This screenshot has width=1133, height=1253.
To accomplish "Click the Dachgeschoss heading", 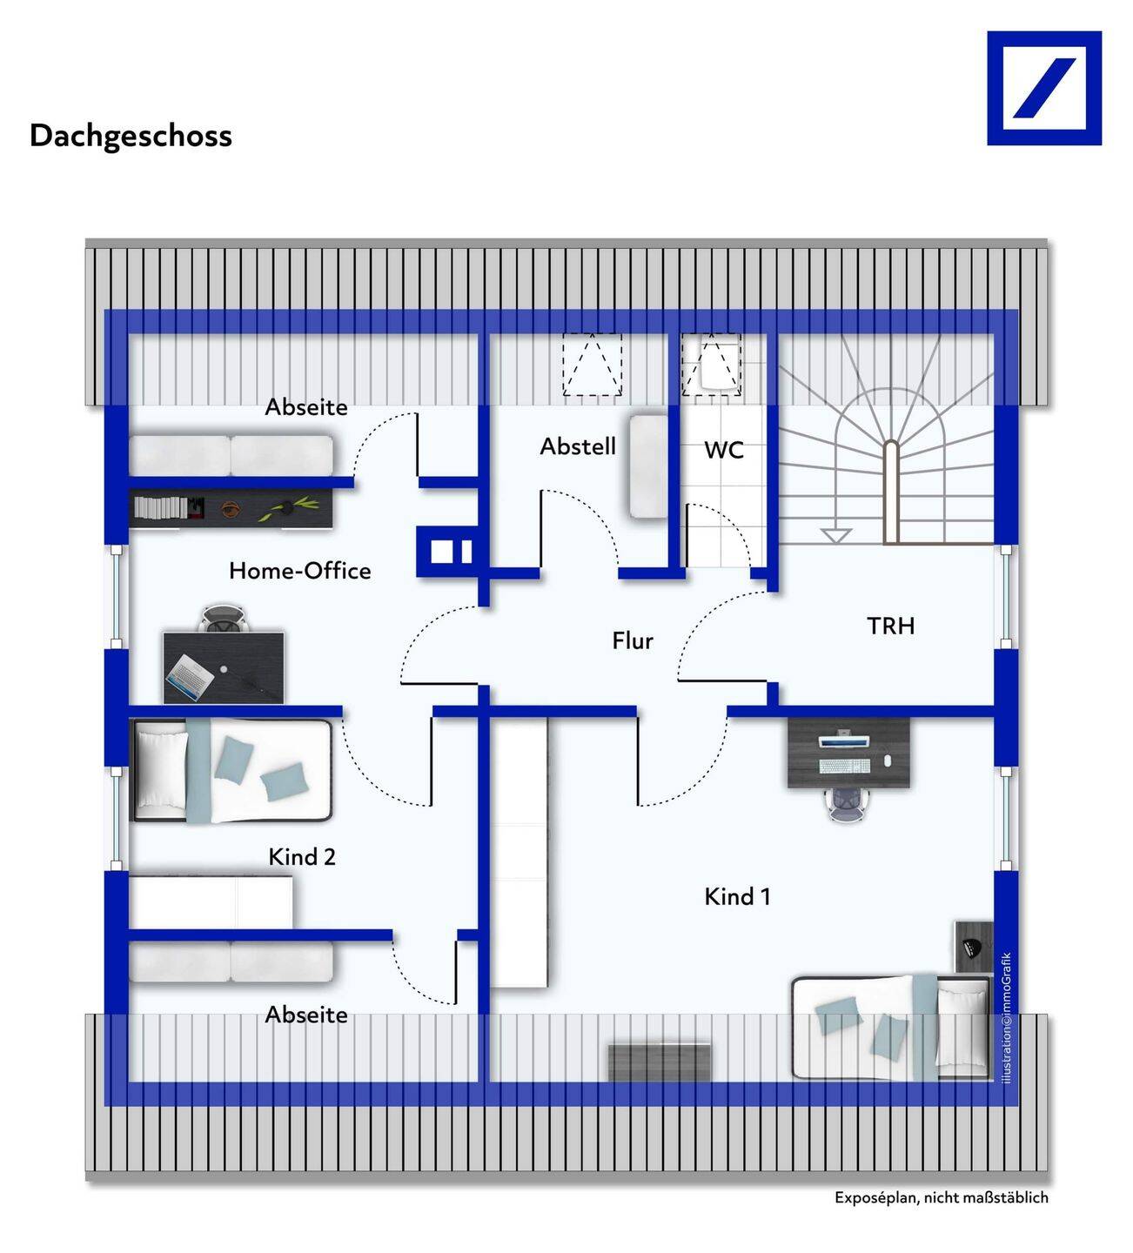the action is [x=131, y=136].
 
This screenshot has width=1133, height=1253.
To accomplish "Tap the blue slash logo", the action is [x=1043, y=88].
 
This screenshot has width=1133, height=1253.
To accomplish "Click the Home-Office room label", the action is [x=299, y=571].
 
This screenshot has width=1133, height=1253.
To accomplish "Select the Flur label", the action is [x=633, y=641].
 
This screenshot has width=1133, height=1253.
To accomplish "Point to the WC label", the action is [x=724, y=450].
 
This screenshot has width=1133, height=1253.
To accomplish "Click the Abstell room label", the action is [x=578, y=446].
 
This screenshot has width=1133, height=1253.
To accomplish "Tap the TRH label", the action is [x=890, y=626].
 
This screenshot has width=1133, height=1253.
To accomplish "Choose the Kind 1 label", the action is [x=737, y=896].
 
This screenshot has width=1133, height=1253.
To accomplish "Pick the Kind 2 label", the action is [x=301, y=857].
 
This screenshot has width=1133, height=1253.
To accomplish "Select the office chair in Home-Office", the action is [x=225, y=619].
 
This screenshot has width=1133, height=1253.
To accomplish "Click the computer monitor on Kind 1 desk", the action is [x=843, y=740].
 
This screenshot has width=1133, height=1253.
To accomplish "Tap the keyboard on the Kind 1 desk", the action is [x=843, y=766].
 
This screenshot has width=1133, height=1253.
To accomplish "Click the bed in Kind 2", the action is [x=231, y=770].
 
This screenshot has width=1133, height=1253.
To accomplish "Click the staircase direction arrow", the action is [x=835, y=533].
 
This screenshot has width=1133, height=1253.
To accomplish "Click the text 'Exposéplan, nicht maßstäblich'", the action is [x=941, y=1197].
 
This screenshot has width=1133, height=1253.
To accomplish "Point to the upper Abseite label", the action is [x=306, y=406].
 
